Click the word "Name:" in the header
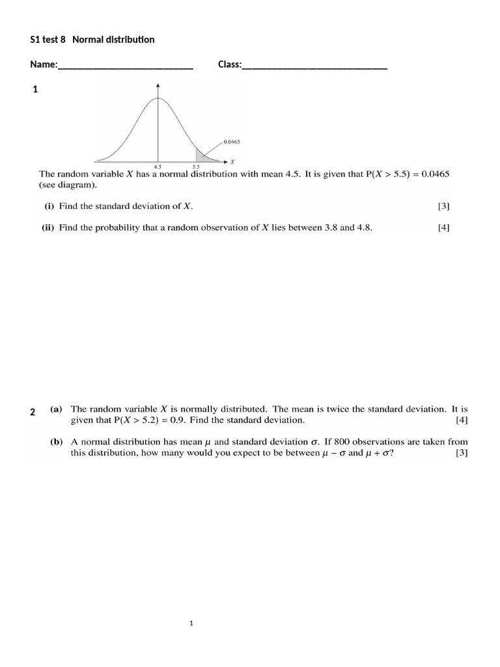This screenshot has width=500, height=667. [x=44, y=64]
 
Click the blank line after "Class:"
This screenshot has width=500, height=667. [x=314, y=65]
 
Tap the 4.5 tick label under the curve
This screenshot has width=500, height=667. [x=158, y=167]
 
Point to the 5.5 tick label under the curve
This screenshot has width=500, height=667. [x=196, y=167]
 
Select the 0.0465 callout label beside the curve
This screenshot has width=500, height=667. [x=232, y=141]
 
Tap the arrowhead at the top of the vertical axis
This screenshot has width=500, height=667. [x=158, y=85]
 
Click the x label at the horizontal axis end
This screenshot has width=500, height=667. [x=233, y=161]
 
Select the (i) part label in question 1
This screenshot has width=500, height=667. [x=49, y=206]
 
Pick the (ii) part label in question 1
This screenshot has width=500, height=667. [x=49, y=227]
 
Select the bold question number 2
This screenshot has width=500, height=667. [x=33, y=412]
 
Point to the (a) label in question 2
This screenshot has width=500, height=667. [x=56, y=410]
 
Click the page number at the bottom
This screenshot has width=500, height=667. [x=191, y=623]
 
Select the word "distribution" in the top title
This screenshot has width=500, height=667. [x=128, y=40]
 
